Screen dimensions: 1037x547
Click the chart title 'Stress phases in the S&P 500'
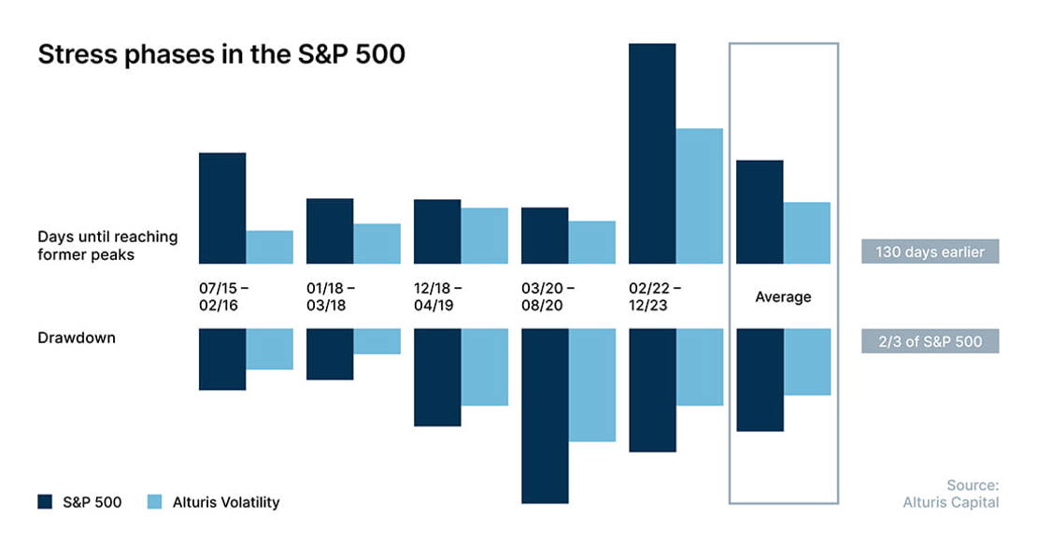220,54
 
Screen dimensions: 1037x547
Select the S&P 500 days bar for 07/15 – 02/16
222,208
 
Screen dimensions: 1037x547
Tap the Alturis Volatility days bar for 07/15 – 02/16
270,247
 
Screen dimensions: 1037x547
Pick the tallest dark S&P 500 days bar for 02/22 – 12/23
652,153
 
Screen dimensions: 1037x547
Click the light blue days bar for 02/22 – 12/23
700,196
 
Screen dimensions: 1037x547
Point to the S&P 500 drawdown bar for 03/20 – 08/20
545,416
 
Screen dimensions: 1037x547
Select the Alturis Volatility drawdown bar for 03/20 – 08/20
592,384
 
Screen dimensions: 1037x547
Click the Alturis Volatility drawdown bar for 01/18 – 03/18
377,341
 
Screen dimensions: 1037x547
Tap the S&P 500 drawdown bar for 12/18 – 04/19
437,377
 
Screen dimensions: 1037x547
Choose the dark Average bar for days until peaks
760,212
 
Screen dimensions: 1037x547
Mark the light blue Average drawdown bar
807,362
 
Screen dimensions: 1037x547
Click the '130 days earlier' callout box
930,252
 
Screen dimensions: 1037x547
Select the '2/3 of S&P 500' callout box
930,341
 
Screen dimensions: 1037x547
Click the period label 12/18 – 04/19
438,296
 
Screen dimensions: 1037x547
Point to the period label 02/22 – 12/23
655,296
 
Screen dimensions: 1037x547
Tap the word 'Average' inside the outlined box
783,296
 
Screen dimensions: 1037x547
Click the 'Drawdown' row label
77,338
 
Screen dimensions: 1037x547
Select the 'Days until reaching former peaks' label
107,246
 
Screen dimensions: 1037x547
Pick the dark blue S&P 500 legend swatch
45,501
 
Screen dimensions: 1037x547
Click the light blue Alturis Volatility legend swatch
154,501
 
